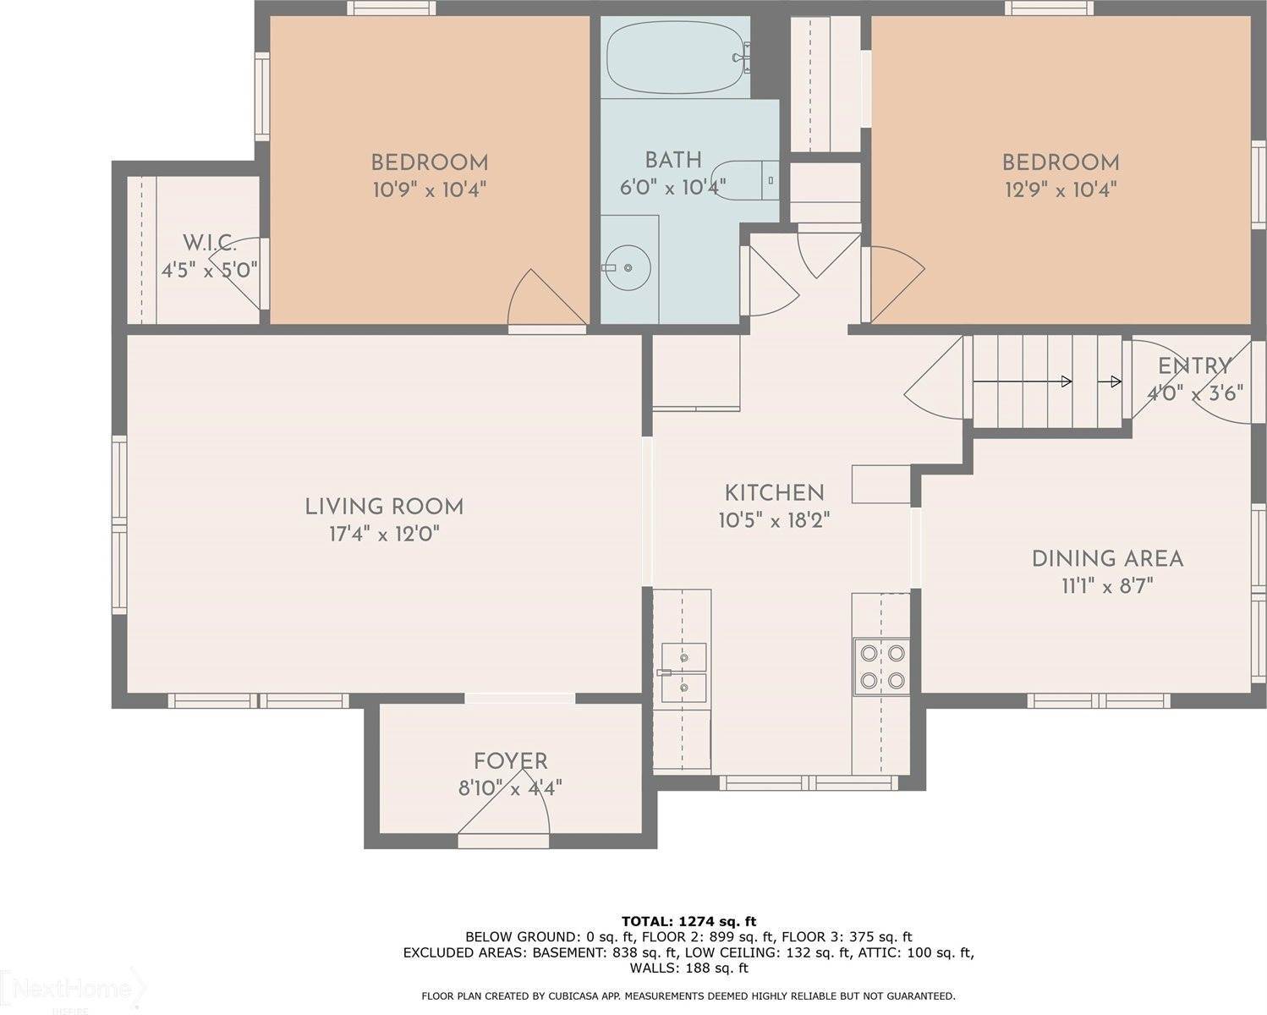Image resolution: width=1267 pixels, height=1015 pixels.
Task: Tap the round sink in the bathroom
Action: (x=628, y=267)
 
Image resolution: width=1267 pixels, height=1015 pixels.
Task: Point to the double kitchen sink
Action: (x=684, y=672)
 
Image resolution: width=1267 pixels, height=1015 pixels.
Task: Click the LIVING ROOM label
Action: (x=384, y=507)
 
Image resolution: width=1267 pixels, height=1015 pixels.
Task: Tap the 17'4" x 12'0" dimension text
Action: (x=384, y=535)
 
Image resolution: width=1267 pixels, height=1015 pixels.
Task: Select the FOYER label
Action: (x=510, y=761)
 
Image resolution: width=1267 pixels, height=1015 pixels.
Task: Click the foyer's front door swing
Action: (x=506, y=815)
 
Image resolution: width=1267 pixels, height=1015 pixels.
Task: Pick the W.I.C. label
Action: (x=209, y=244)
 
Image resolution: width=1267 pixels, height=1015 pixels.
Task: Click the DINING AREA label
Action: (x=1106, y=558)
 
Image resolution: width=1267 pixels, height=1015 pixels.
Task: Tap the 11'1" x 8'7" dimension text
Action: (x=1106, y=586)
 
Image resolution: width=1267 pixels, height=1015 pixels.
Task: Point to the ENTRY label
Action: (x=1194, y=366)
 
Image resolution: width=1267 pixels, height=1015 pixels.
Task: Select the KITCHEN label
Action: (x=774, y=493)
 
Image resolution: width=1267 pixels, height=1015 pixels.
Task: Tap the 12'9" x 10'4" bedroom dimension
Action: (x=1060, y=189)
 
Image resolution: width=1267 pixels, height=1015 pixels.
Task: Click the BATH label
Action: (x=672, y=160)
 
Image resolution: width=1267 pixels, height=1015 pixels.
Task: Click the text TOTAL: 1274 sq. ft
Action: (x=688, y=921)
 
